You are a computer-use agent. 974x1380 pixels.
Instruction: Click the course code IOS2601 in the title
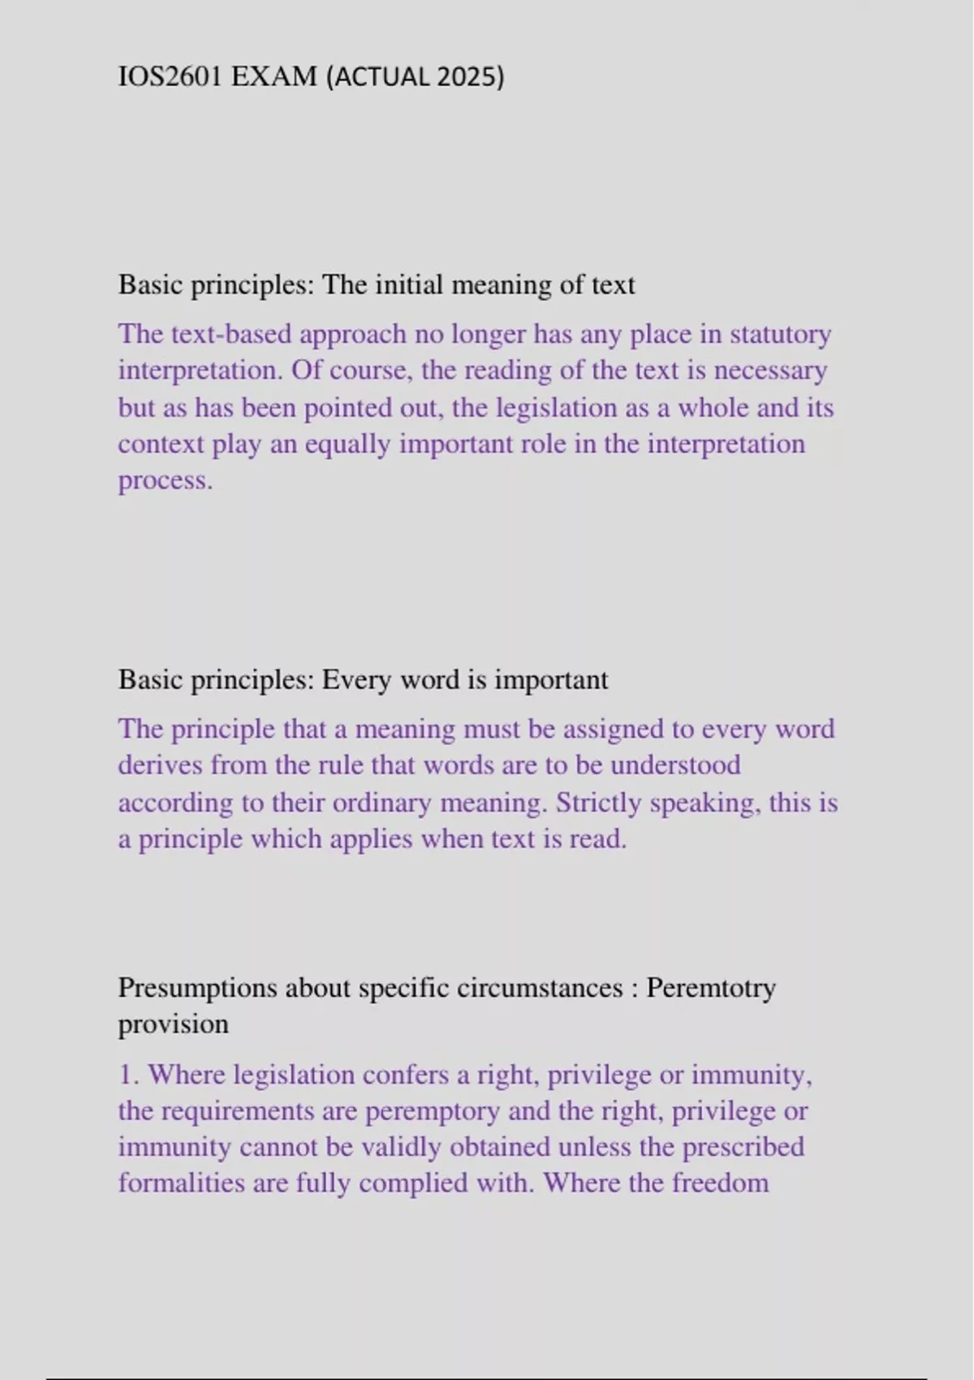171,76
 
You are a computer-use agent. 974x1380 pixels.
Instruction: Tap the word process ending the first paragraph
165,481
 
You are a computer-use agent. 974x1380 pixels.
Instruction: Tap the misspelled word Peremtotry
711,988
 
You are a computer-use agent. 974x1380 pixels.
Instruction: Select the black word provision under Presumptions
173,1024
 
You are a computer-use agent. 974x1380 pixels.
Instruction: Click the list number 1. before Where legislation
129,1075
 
